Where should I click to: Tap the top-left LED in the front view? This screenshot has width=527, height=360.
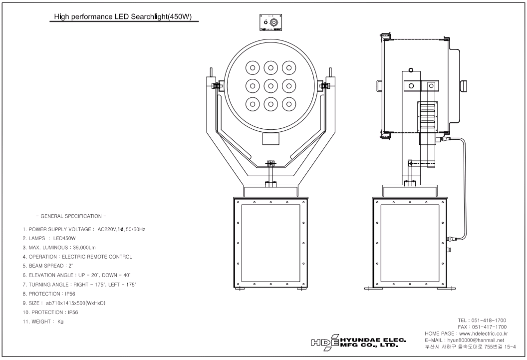click(x=253, y=68)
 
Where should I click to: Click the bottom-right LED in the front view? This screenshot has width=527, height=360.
click(x=289, y=104)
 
